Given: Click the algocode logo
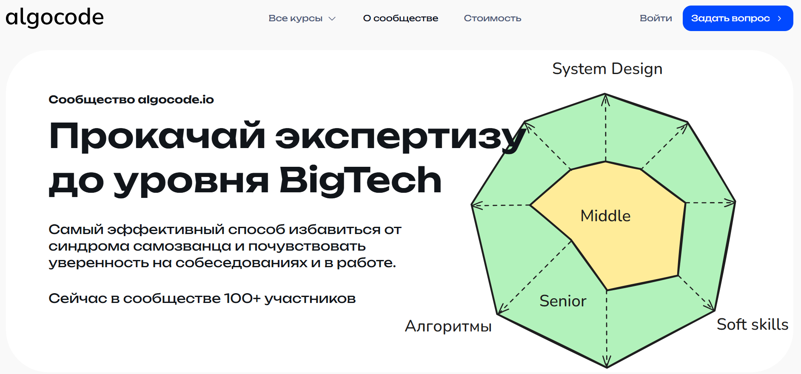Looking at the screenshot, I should click(x=54, y=17).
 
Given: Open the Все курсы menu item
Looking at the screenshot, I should click(x=295, y=18).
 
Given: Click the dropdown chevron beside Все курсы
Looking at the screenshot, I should click(x=332, y=19).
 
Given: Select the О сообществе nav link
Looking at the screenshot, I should click(x=400, y=18).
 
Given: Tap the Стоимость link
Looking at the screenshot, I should click(x=492, y=18).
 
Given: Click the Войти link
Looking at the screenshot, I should click(x=656, y=18).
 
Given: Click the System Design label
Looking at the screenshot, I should click(x=607, y=69).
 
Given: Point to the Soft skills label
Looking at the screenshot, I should click(x=752, y=325).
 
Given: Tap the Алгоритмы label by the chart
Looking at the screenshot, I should click(x=448, y=326).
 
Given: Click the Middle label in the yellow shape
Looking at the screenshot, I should click(x=605, y=216).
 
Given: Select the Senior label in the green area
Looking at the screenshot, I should click(x=562, y=301).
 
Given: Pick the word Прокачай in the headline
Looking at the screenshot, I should click(x=157, y=136).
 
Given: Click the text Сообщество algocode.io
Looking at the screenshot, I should click(x=131, y=100).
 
